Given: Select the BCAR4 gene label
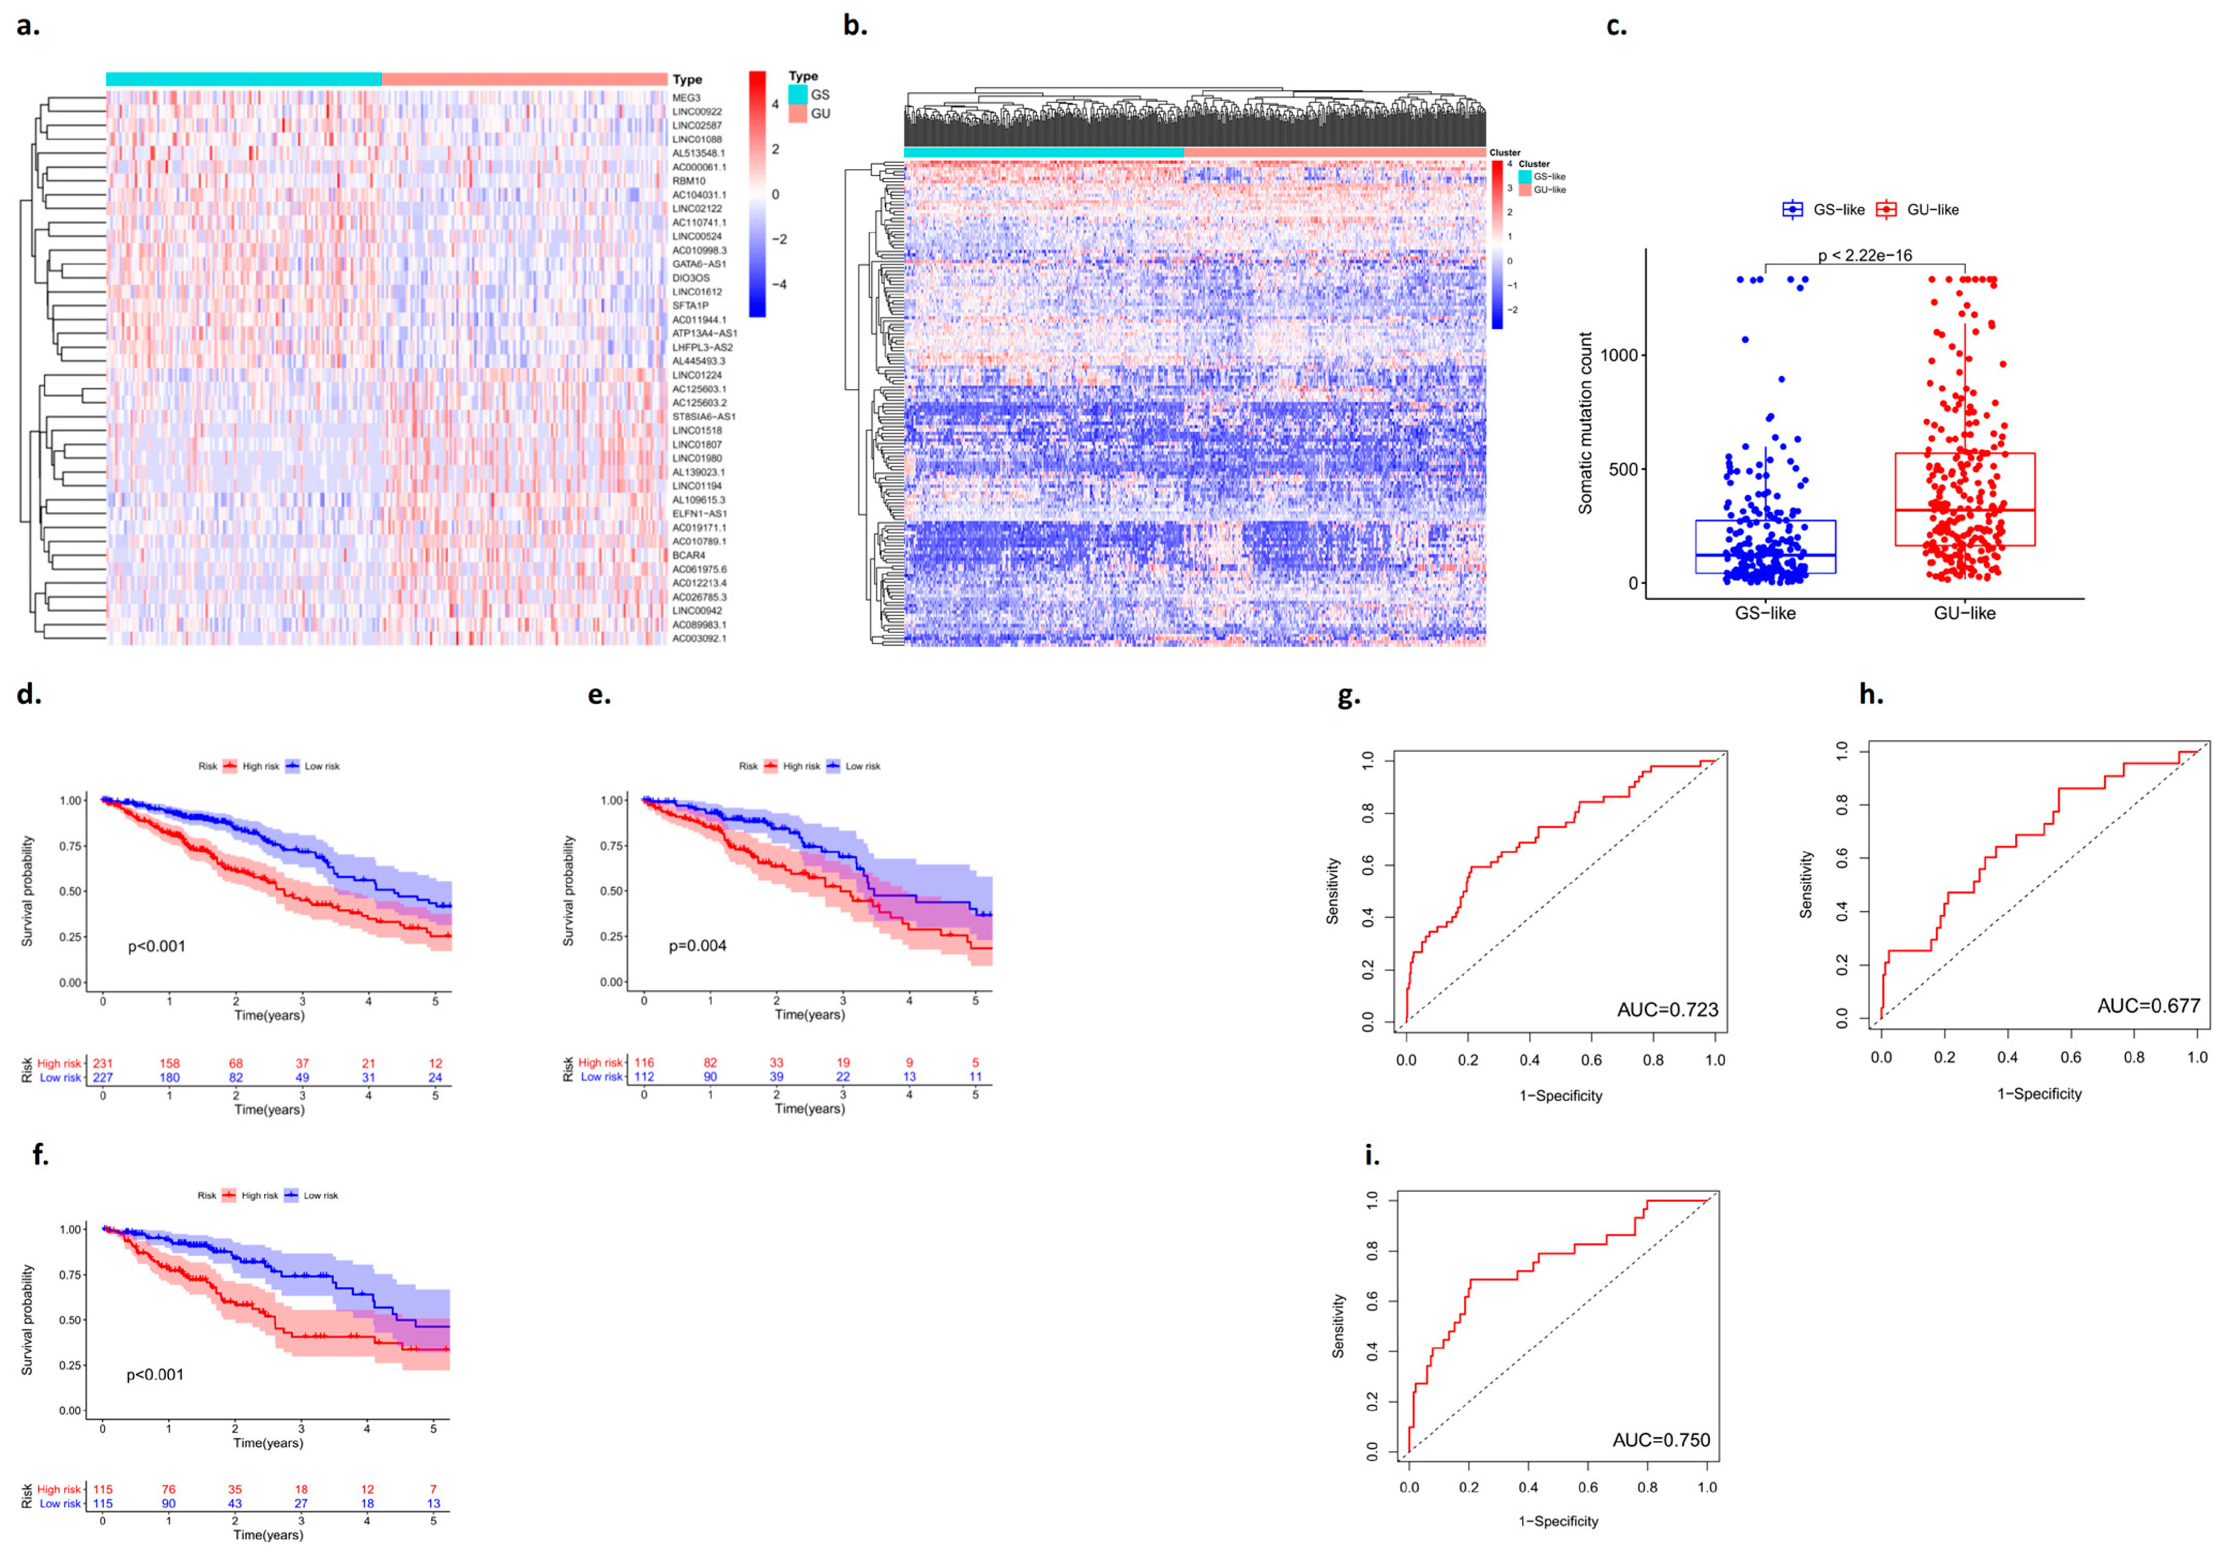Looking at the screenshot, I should point(689,556).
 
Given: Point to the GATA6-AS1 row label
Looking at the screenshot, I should point(699,264).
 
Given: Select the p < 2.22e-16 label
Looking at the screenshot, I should point(1865,256).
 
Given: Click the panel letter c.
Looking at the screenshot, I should point(1616,27).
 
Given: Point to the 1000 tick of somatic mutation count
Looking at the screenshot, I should point(1618,356).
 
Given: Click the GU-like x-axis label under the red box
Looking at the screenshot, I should point(1964,612).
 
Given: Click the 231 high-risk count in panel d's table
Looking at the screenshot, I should point(103,1064).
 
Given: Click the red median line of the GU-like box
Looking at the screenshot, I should point(1964,510).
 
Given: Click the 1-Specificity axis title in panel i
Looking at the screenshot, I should point(1558,1521).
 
